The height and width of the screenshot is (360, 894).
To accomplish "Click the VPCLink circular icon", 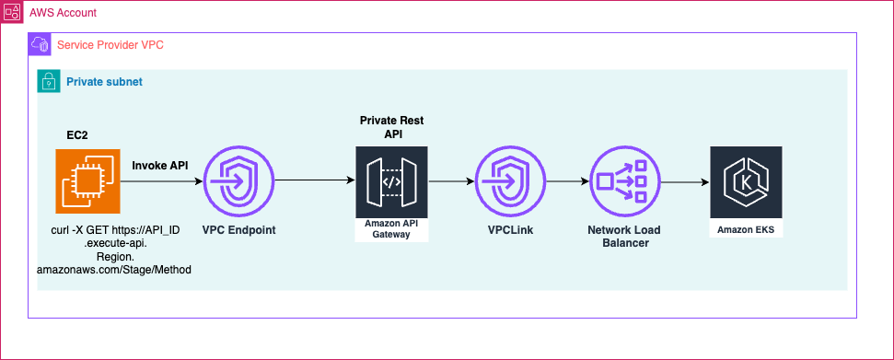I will (x=508, y=181).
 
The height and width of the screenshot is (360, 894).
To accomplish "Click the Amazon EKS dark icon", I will (x=746, y=181).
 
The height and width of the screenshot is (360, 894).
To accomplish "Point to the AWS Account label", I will (x=64, y=14).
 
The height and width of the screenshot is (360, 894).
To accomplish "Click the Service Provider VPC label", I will (x=110, y=44).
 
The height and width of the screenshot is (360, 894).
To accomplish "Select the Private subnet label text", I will (x=104, y=82).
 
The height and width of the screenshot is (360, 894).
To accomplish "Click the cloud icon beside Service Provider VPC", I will (x=40, y=44).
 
